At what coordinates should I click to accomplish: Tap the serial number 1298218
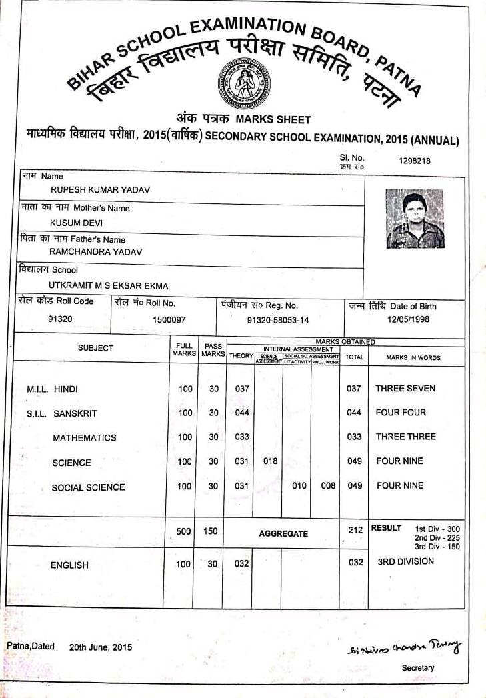point(415,161)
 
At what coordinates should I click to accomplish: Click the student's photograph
point(415,219)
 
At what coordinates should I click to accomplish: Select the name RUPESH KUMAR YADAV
point(105,190)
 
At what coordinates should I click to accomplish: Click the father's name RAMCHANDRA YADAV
point(95,252)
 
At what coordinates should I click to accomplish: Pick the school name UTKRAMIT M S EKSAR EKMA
point(109,285)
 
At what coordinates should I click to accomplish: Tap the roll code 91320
point(61,319)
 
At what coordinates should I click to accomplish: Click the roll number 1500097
point(169,320)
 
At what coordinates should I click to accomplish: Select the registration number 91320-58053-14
point(278,320)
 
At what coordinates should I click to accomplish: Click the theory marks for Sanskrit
point(242,413)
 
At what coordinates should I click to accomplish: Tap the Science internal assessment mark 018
point(270,461)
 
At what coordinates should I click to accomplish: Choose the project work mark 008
point(328,486)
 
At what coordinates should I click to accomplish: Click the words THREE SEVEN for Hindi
point(405,388)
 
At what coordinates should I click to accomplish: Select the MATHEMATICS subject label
point(84,438)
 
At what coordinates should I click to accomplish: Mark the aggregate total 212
point(355,530)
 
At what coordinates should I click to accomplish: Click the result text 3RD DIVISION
point(405,561)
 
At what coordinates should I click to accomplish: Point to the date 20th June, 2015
point(101,647)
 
